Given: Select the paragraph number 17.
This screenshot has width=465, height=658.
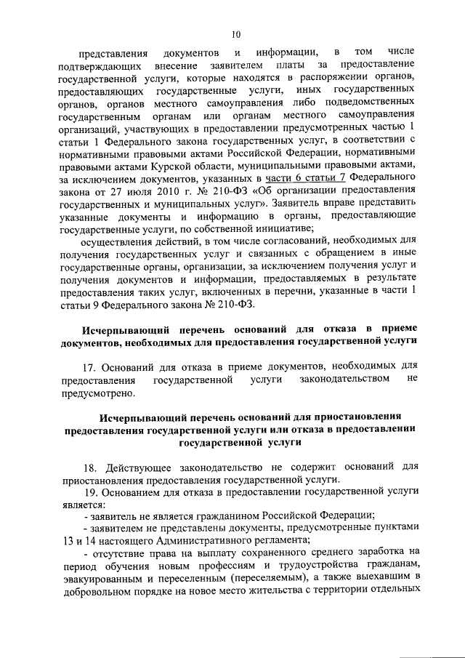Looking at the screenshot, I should (91, 367).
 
